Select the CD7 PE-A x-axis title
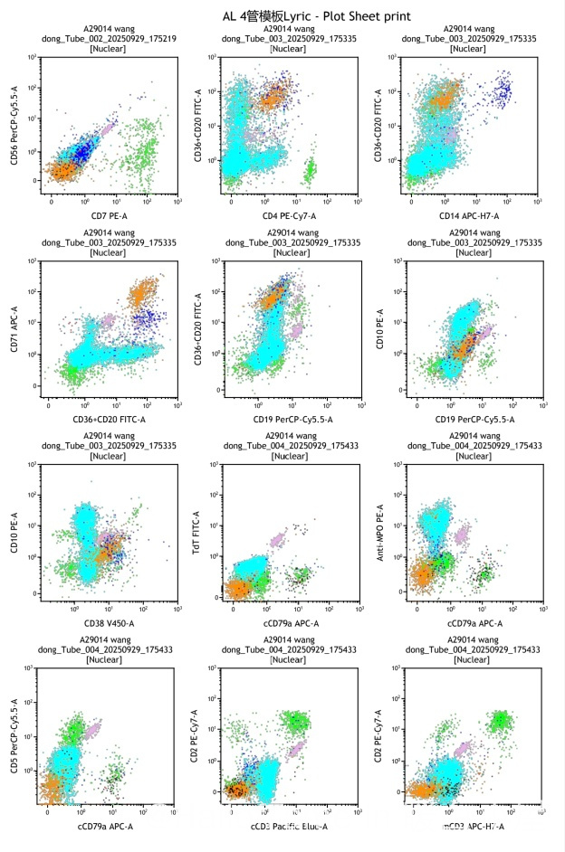[102, 213]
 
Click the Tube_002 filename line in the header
[107, 39]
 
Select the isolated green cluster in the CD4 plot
[311, 170]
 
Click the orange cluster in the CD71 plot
[143, 295]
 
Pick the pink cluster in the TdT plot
[277, 541]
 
